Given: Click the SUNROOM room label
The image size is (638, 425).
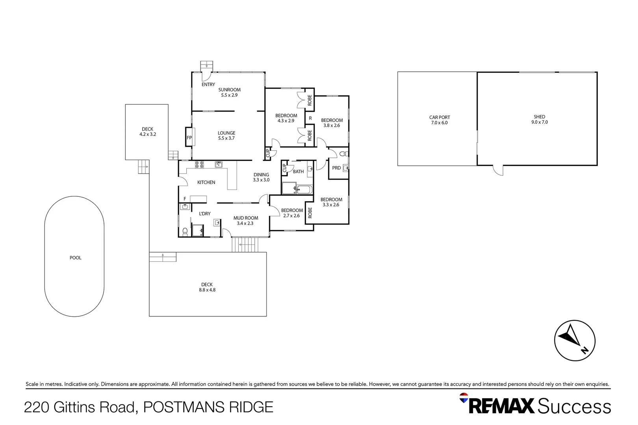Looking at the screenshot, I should [x=229, y=90].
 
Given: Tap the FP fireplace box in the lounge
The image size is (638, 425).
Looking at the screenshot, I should [x=189, y=138].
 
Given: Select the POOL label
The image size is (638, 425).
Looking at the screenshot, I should [x=75, y=258].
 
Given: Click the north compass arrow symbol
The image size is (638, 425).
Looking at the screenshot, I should [x=575, y=340].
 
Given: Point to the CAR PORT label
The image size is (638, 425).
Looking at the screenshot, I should [x=440, y=117].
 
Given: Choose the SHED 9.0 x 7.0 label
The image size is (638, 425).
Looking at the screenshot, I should [x=539, y=120].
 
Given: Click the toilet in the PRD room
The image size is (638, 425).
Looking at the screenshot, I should [x=343, y=153].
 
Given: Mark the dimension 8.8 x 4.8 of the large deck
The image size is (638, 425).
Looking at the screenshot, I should [x=207, y=290].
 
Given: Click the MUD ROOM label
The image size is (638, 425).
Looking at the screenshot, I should [x=246, y=218].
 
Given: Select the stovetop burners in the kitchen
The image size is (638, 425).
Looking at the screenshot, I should [x=199, y=164].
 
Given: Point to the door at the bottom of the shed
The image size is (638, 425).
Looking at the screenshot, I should [x=498, y=170].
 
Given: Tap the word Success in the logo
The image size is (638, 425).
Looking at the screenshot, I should [x=574, y=406].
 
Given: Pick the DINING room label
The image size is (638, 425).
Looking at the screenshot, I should [x=261, y=175].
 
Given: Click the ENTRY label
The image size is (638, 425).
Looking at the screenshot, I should [x=208, y=85].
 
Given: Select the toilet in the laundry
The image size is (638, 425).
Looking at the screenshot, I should [x=185, y=231].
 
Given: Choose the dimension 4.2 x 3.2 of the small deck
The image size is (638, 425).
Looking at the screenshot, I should [x=148, y=134].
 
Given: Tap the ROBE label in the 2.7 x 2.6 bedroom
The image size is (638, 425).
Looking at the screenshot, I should [x=310, y=213].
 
